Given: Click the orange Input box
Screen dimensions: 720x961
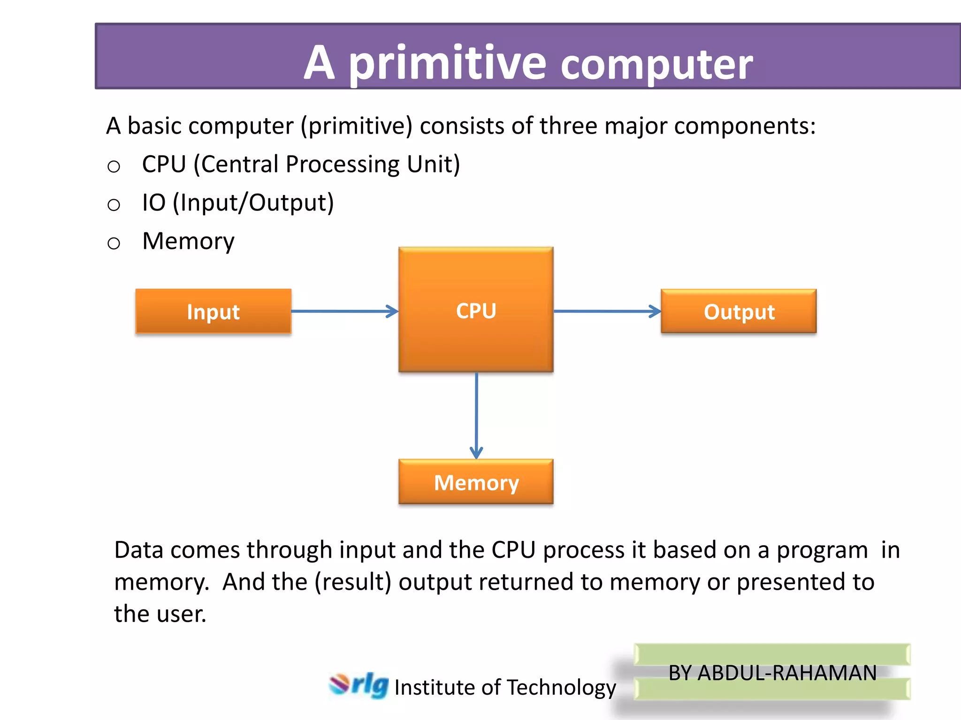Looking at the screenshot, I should pyautogui.click(x=214, y=311).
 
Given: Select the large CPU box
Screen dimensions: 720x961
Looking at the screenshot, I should pyautogui.click(x=476, y=310).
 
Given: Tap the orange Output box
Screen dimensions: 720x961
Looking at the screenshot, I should pyautogui.click(x=739, y=311).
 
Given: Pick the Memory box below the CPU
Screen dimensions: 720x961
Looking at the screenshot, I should pyautogui.click(x=476, y=482).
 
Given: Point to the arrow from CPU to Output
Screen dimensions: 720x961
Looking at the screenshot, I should pyautogui.click(x=607, y=311).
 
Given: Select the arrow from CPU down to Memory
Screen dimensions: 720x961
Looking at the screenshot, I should pyautogui.click(x=476, y=415).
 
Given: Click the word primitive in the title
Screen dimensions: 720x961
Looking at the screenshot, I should pyautogui.click(x=447, y=63).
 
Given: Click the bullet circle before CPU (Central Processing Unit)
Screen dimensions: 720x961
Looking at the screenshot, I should pyautogui.click(x=114, y=166).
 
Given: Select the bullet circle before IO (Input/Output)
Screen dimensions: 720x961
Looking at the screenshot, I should pyautogui.click(x=114, y=205).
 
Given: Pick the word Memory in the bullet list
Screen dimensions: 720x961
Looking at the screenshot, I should pyautogui.click(x=188, y=241).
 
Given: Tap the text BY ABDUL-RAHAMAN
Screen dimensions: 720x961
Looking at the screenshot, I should pyautogui.click(x=772, y=673).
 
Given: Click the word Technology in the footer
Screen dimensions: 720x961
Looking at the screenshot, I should pyautogui.click(x=561, y=688).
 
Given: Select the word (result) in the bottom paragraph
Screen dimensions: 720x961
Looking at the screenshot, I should pyautogui.click(x=353, y=582).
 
